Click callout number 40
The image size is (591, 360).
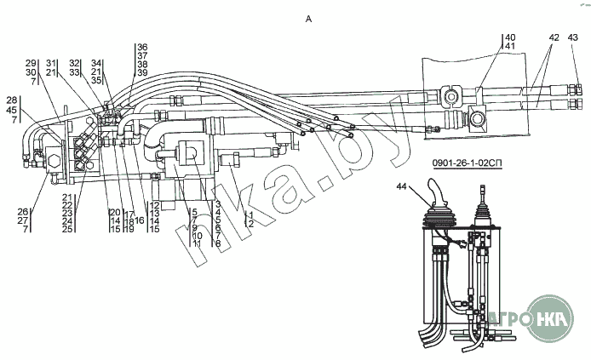(510, 37)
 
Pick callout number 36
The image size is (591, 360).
(142, 47)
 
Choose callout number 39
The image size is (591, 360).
(142, 73)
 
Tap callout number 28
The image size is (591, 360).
(12, 100)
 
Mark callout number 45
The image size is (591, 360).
(12, 110)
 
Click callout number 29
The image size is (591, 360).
(31, 64)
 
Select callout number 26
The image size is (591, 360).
(23, 211)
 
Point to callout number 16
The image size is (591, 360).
(140, 220)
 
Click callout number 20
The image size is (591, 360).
(113, 212)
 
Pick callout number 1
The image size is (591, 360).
(250, 213)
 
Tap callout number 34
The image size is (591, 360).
(96, 63)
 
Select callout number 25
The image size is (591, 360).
(66, 230)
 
